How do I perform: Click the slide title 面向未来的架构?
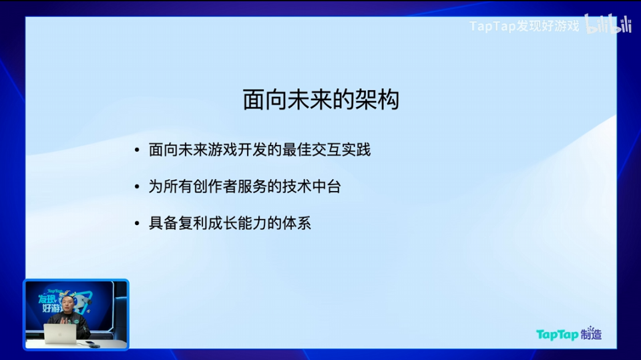(320, 100)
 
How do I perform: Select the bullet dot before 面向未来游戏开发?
(137, 150)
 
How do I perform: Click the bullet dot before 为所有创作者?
(137, 187)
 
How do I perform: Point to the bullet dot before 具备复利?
(137, 223)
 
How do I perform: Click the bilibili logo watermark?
(608, 25)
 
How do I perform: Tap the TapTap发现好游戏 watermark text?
(524, 27)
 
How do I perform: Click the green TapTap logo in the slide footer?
(557, 335)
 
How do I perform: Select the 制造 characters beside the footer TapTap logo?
(592, 335)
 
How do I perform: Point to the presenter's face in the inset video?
(68, 306)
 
